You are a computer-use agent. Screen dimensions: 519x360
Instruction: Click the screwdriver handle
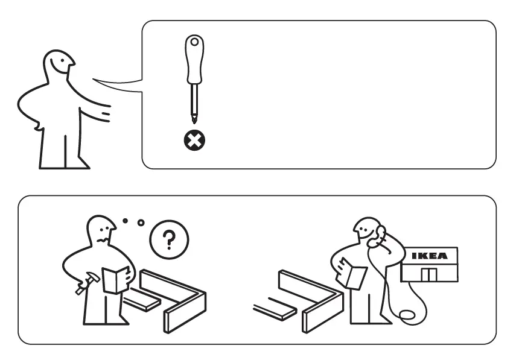pyautogui.click(x=194, y=60)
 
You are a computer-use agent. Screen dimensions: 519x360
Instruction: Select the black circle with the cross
pyautogui.click(x=194, y=142)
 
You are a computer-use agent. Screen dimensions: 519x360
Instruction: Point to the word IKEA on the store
pyautogui.click(x=429, y=256)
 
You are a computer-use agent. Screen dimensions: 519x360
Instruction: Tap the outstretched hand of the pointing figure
pyautogui.click(x=106, y=113)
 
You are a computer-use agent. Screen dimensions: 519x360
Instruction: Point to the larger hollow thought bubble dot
pyautogui.click(x=141, y=223)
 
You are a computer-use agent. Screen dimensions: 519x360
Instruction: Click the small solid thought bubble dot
pyautogui.click(x=125, y=221)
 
